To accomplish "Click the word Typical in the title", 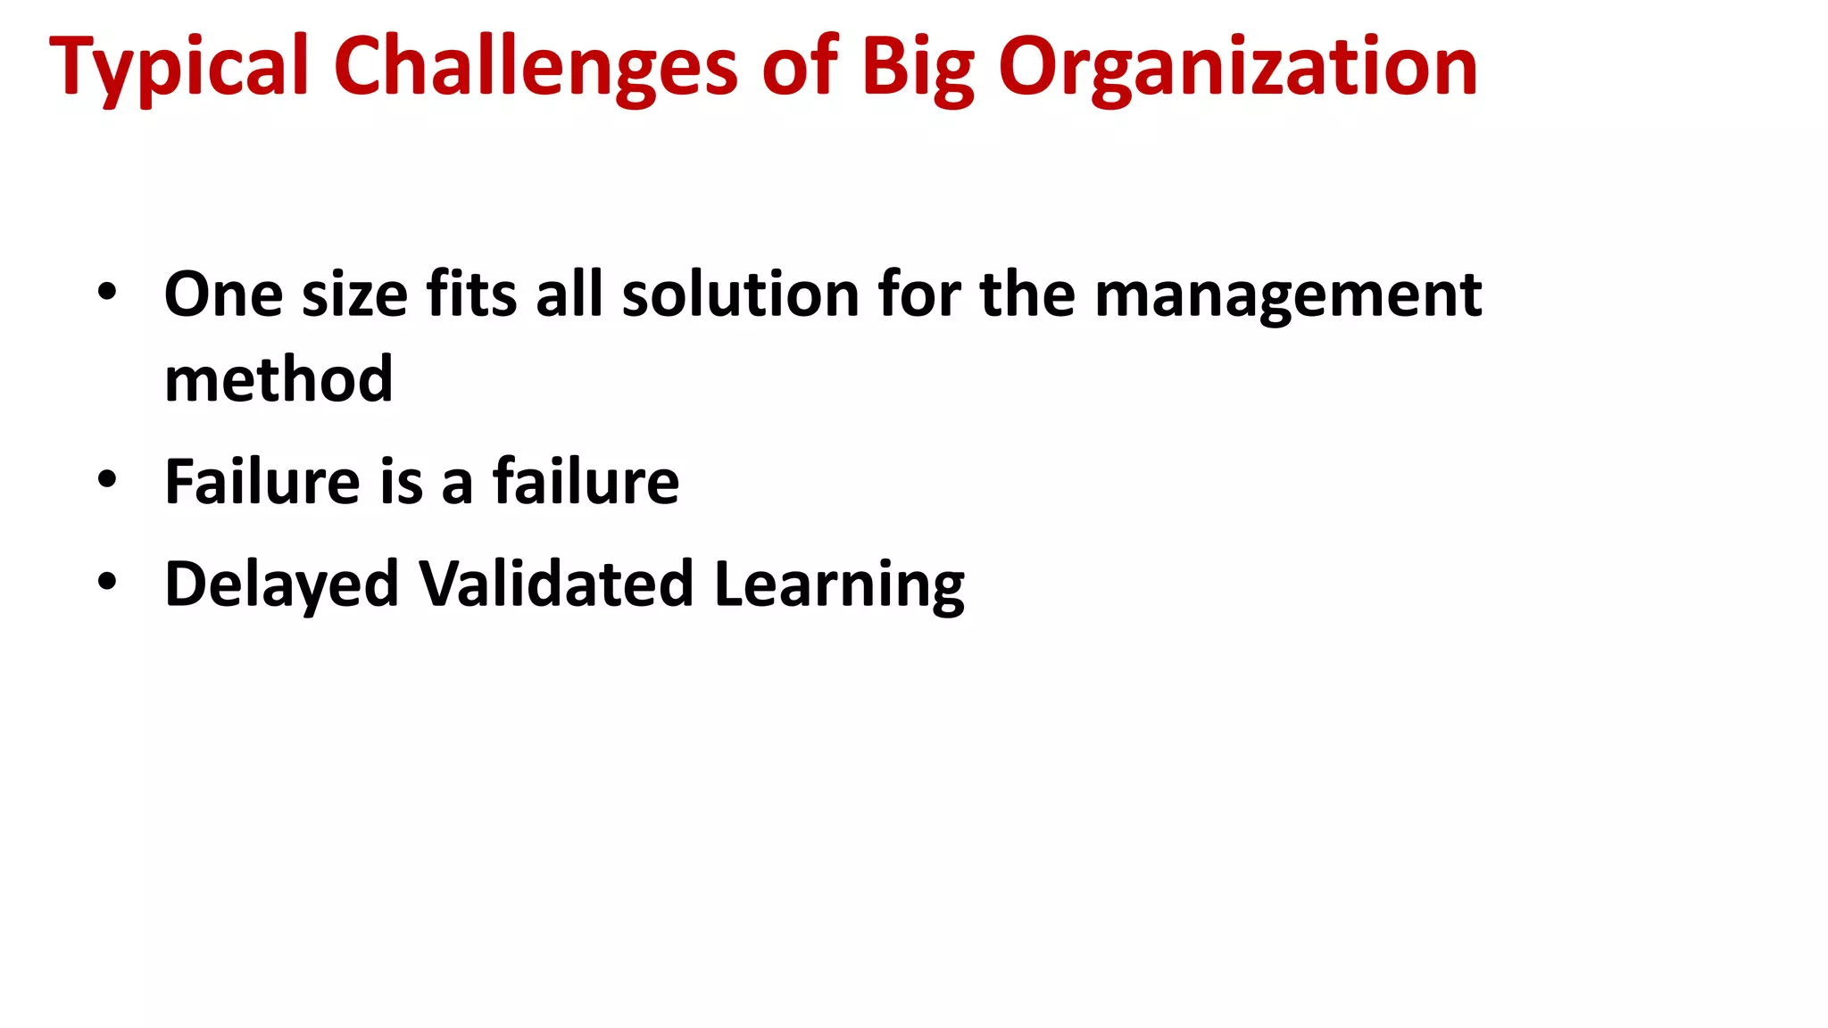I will (179, 68).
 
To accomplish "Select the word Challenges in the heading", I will (536, 68).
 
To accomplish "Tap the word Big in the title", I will (918, 68).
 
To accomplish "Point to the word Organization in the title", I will (1237, 68).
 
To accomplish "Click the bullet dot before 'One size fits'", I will (107, 293).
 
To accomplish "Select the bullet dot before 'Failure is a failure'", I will (107, 479).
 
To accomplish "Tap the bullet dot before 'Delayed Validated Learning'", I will (107, 582).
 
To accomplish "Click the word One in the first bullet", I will (223, 294).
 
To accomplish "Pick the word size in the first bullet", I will (355, 294).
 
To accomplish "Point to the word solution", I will (740, 294).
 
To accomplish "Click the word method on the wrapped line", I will (278, 379).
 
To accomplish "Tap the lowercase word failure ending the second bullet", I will (586, 482).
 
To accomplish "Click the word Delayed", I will (281, 585).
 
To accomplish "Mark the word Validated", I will (556, 584).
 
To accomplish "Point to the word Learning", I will (839, 585).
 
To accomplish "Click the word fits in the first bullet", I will (471, 294).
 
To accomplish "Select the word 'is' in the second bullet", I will (401, 482).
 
